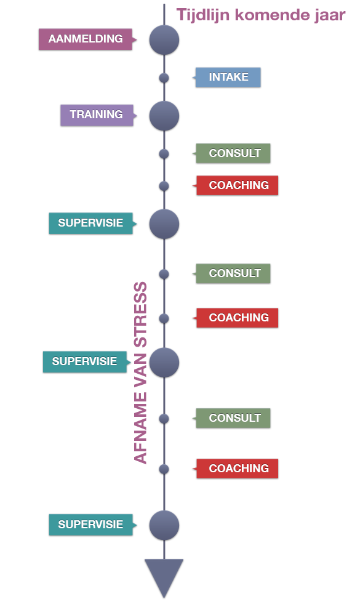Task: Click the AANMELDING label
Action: [x=86, y=39]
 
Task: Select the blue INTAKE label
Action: [x=228, y=77]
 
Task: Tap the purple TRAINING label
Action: [x=97, y=115]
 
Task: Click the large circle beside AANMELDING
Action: [x=164, y=39]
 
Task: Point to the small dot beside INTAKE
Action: [x=164, y=78]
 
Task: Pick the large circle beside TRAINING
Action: [x=164, y=116]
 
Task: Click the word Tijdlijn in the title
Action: [x=203, y=15]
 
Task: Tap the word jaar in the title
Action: [x=330, y=15]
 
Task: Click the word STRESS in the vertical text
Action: [x=140, y=315]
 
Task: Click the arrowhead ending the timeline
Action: [x=164, y=578]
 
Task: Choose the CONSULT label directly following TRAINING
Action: [x=233, y=153]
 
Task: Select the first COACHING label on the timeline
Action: [x=237, y=185]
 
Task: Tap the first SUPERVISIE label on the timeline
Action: [x=91, y=223]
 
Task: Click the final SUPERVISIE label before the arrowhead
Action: [x=91, y=525]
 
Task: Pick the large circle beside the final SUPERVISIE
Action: [x=164, y=525]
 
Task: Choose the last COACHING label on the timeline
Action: [x=237, y=469]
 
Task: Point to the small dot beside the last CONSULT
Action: [x=164, y=419]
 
